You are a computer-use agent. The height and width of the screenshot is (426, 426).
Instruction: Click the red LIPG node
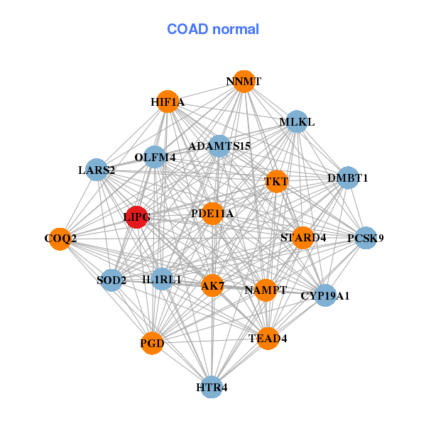coord(136,217)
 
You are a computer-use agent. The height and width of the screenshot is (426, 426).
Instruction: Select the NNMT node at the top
coord(244,82)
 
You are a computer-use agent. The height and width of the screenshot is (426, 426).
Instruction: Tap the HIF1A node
coord(167,102)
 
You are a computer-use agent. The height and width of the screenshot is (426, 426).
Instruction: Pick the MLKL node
coord(296,122)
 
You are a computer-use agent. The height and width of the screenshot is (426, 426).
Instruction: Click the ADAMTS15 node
coord(219,146)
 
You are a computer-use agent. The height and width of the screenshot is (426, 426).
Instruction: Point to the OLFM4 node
coord(155,157)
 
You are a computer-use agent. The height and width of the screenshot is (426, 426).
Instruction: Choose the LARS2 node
coord(97,170)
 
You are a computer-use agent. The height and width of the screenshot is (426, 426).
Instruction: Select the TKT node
coord(276,181)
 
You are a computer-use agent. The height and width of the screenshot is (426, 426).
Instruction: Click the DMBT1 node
coord(347,177)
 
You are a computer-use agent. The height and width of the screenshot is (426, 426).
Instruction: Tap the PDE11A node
coord(212,213)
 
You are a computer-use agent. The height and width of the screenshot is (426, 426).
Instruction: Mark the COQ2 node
coord(60,238)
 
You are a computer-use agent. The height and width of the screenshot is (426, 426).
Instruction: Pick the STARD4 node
coord(303,237)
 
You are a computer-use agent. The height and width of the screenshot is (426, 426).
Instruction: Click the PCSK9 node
coord(365,238)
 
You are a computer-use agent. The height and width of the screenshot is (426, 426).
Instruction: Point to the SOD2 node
coord(111,280)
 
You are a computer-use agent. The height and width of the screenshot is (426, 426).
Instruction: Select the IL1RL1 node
coord(162,280)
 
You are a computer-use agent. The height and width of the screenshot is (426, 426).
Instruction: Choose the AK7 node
coord(212,286)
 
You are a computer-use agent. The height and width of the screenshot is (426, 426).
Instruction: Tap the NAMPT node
coord(266,290)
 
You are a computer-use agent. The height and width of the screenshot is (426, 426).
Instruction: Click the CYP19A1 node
coord(324,295)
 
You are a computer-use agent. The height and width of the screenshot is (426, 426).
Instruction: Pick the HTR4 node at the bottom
coord(212,387)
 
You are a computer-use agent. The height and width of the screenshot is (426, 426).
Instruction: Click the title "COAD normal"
coord(212,29)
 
